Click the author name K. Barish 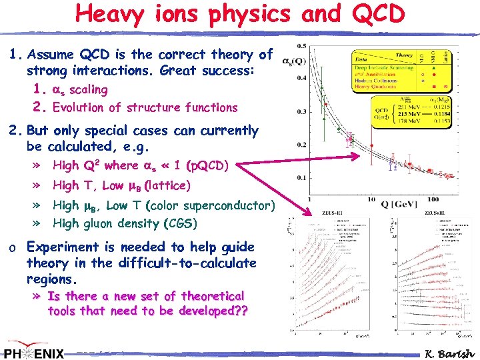(448, 353)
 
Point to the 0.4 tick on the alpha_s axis (301, 78)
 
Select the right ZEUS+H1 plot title (437, 213)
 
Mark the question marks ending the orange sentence (239, 311)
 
